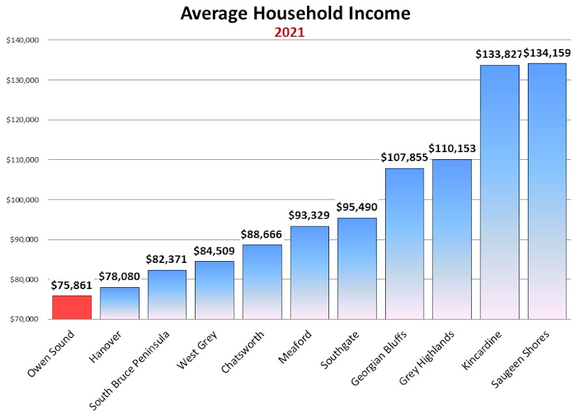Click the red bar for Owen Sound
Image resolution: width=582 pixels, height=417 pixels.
72,307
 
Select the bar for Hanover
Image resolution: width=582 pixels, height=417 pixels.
119,303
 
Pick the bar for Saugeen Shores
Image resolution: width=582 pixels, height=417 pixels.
547,191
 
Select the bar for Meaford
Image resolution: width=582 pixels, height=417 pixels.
310,272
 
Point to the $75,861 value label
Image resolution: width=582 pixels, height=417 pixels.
72,285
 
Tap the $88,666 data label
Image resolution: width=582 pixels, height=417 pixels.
262,234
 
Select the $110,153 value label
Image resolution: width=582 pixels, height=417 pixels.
453,149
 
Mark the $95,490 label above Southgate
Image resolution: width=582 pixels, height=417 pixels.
357,207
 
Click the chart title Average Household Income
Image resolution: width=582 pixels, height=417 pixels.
295,14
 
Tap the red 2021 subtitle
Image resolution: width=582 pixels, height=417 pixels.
289,32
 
